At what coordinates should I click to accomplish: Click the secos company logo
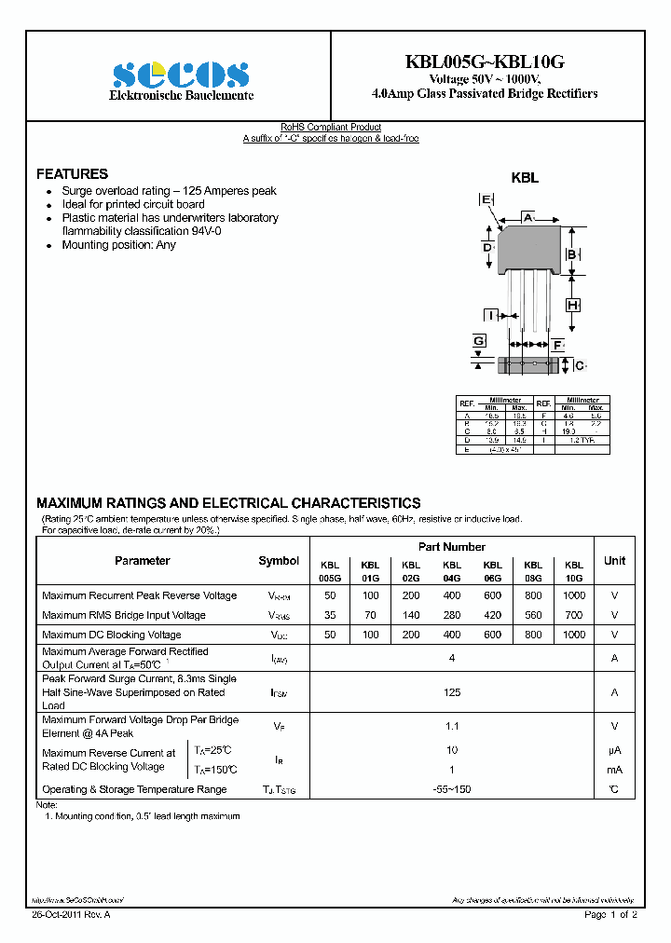180,75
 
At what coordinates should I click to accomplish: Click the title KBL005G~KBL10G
485,62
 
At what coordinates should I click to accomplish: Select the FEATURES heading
72,174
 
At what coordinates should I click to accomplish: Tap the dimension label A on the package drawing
527,217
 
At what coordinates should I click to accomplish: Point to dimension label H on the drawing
573,306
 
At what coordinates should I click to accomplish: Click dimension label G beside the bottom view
479,342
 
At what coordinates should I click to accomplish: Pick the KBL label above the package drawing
525,178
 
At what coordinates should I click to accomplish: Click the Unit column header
614,561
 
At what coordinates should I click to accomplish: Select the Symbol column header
279,561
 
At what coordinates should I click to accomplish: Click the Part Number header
451,547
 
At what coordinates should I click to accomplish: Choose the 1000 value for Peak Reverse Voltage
574,595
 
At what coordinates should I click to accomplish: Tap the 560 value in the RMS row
533,615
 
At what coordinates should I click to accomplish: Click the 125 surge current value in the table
452,692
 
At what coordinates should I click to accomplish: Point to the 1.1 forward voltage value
452,726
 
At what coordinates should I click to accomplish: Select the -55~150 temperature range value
452,789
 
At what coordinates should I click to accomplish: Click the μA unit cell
614,749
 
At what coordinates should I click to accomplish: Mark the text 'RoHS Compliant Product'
331,128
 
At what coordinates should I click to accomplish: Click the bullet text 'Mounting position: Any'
118,245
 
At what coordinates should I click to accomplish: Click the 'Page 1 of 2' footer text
610,915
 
